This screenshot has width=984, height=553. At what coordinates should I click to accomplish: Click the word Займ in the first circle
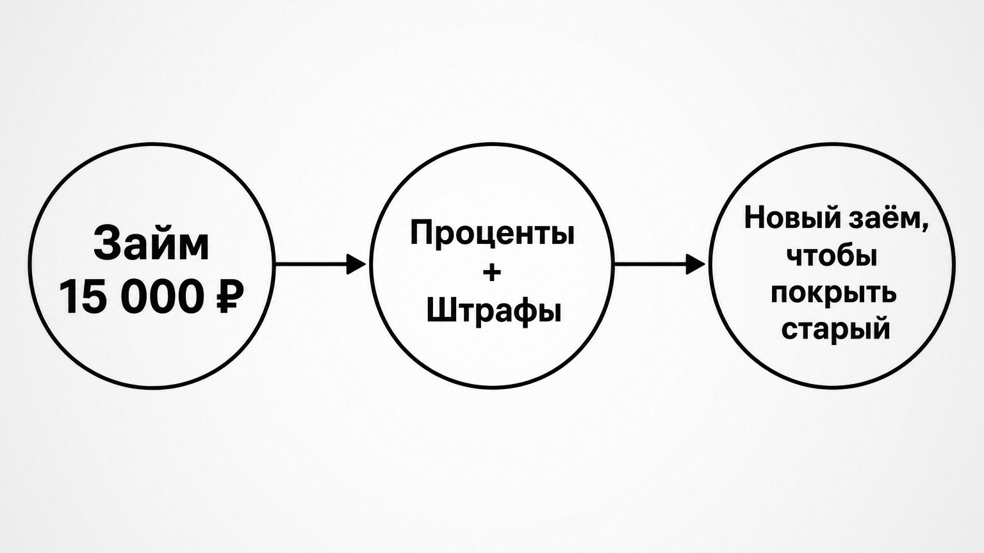[151, 244]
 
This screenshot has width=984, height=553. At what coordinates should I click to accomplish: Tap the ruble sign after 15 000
[229, 298]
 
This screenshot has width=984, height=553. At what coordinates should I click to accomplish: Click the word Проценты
[492, 234]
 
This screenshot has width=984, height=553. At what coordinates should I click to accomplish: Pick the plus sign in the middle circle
[491, 273]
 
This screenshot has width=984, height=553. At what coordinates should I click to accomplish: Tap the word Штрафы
[494, 312]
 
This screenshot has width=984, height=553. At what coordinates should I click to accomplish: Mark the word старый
[835, 330]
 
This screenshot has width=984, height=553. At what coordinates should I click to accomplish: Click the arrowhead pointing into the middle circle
[356, 264]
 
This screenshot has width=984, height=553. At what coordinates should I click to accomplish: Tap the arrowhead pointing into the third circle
[695, 264]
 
